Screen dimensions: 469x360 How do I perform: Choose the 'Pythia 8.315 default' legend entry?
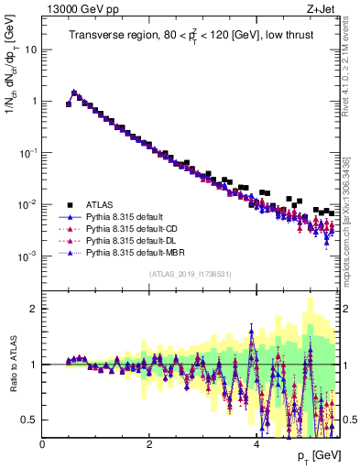(125, 217)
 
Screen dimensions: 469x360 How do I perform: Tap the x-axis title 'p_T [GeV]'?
(317, 456)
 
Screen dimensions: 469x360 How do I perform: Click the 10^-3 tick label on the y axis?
(27, 256)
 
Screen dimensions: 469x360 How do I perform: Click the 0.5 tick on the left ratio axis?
(28, 420)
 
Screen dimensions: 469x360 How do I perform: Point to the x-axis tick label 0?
(42, 444)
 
